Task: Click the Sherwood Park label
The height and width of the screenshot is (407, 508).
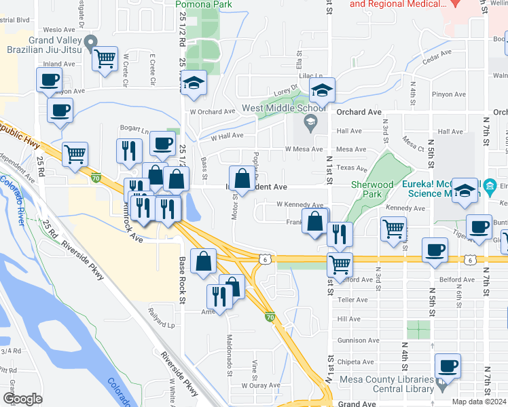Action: point(372,189)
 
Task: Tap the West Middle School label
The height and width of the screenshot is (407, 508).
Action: point(284,108)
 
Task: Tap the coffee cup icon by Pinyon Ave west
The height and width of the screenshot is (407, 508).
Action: point(49,80)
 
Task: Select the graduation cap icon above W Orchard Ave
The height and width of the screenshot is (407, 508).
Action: point(194,83)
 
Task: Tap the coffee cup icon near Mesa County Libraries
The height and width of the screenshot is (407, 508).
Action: point(447,366)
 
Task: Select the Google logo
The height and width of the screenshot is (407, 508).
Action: point(22,399)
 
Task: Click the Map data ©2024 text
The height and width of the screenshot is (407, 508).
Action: point(479,402)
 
